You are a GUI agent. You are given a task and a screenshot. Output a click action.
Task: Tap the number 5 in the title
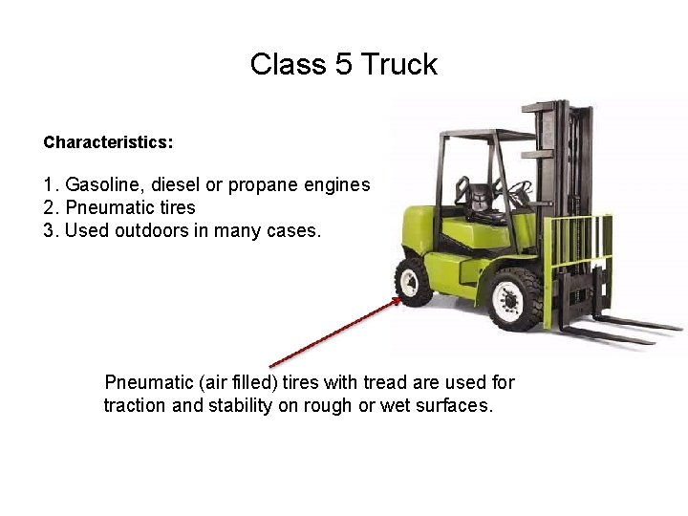click(344, 65)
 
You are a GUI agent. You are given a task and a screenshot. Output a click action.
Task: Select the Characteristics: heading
click(108, 142)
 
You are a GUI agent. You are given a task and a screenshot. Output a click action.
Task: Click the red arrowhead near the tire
click(396, 302)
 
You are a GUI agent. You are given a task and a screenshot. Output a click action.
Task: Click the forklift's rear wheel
click(413, 281)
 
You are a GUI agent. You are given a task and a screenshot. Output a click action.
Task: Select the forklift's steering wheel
click(521, 190)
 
